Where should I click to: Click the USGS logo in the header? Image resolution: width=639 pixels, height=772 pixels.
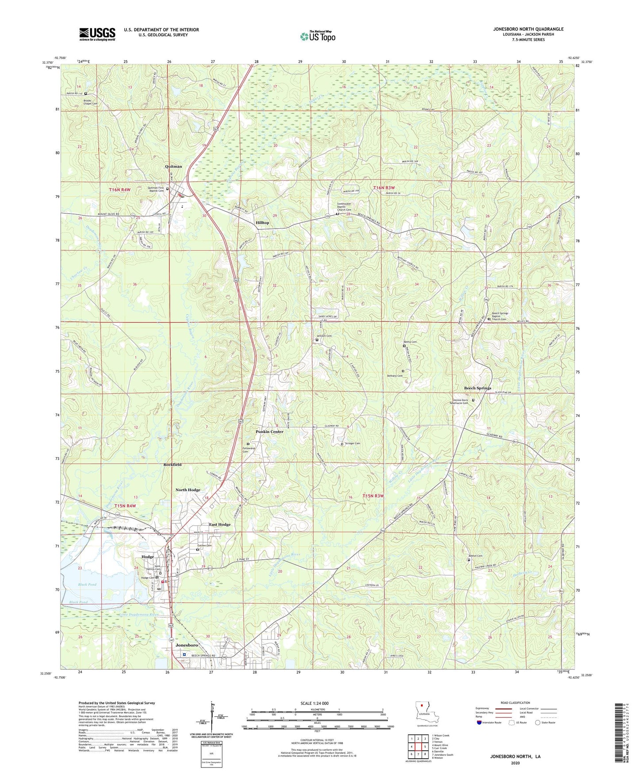[x=97, y=34]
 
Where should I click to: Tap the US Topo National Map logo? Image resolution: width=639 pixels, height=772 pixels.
[x=318, y=36]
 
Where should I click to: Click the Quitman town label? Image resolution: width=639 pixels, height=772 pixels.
[x=173, y=166]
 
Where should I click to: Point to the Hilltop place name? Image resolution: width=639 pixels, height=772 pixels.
[x=262, y=223]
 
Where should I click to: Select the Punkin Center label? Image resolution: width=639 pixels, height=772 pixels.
[x=269, y=432]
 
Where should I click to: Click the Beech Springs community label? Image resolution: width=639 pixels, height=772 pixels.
[x=477, y=388]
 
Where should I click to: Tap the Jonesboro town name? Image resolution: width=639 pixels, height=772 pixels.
[x=187, y=645]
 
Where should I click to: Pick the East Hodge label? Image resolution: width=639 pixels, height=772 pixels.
[x=220, y=524]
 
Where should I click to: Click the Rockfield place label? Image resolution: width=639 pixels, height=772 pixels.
[x=172, y=465]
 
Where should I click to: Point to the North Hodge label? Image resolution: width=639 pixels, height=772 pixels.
[x=188, y=490]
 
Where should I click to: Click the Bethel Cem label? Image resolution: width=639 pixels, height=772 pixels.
[x=475, y=556]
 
